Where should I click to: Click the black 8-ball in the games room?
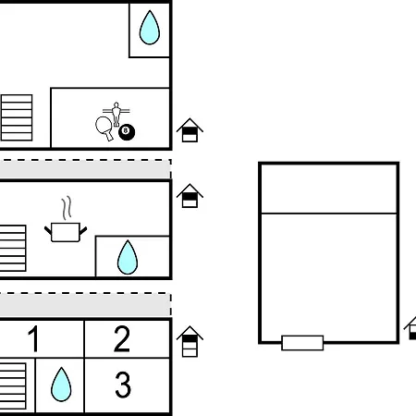127,132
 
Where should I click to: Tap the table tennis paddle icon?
104,128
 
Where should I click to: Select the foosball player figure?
116,114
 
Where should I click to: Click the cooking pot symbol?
66,232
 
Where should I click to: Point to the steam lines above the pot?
67,207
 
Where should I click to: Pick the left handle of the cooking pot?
48,231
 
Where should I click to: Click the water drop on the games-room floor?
150,28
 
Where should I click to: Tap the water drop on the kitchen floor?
128,257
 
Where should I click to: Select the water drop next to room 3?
61,385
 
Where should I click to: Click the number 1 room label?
33,338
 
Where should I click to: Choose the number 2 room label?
122,338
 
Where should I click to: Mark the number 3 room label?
123,385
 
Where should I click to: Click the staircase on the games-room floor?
17,117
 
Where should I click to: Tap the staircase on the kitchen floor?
13,249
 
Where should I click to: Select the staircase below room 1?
13,386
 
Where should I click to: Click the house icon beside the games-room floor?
190,130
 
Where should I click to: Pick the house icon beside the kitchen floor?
190,196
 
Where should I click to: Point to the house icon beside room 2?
190,341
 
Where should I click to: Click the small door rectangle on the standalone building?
302,343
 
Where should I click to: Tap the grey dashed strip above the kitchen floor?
85,169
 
